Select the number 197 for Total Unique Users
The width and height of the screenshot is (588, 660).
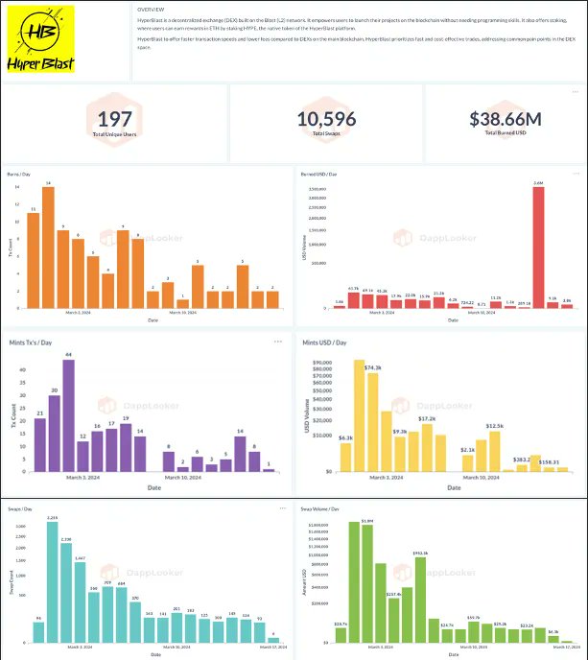[114, 118]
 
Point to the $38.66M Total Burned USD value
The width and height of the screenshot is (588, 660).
[505, 119]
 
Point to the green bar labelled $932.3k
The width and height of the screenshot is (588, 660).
[420, 601]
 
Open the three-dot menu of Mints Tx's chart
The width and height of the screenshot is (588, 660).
[278, 342]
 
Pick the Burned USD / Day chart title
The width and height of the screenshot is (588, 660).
[319, 174]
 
